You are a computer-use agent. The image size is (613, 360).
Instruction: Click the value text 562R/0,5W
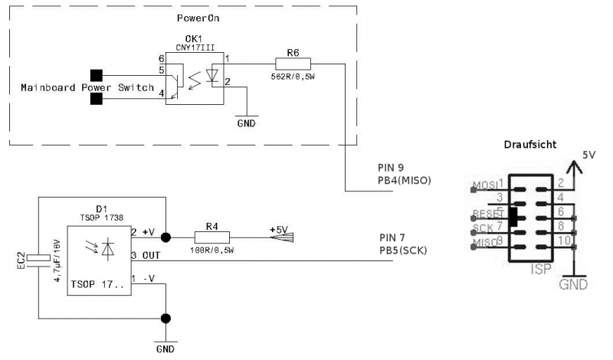(x=293, y=77)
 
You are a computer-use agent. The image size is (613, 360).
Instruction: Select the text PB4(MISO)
(x=405, y=181)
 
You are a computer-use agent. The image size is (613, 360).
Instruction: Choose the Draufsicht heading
(x=529, y=145)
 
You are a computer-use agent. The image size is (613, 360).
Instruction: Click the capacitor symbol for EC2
(x=38, y=260)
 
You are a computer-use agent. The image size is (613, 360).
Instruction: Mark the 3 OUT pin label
(x=146, y=254)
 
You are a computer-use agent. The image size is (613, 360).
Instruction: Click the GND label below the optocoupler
(x=245, y=122)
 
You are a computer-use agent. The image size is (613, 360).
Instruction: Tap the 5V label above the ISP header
(x=588, y=154)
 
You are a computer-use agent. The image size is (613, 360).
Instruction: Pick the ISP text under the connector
(x=541, y=270)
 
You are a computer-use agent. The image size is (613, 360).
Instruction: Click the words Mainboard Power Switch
(x=87, y=87)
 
